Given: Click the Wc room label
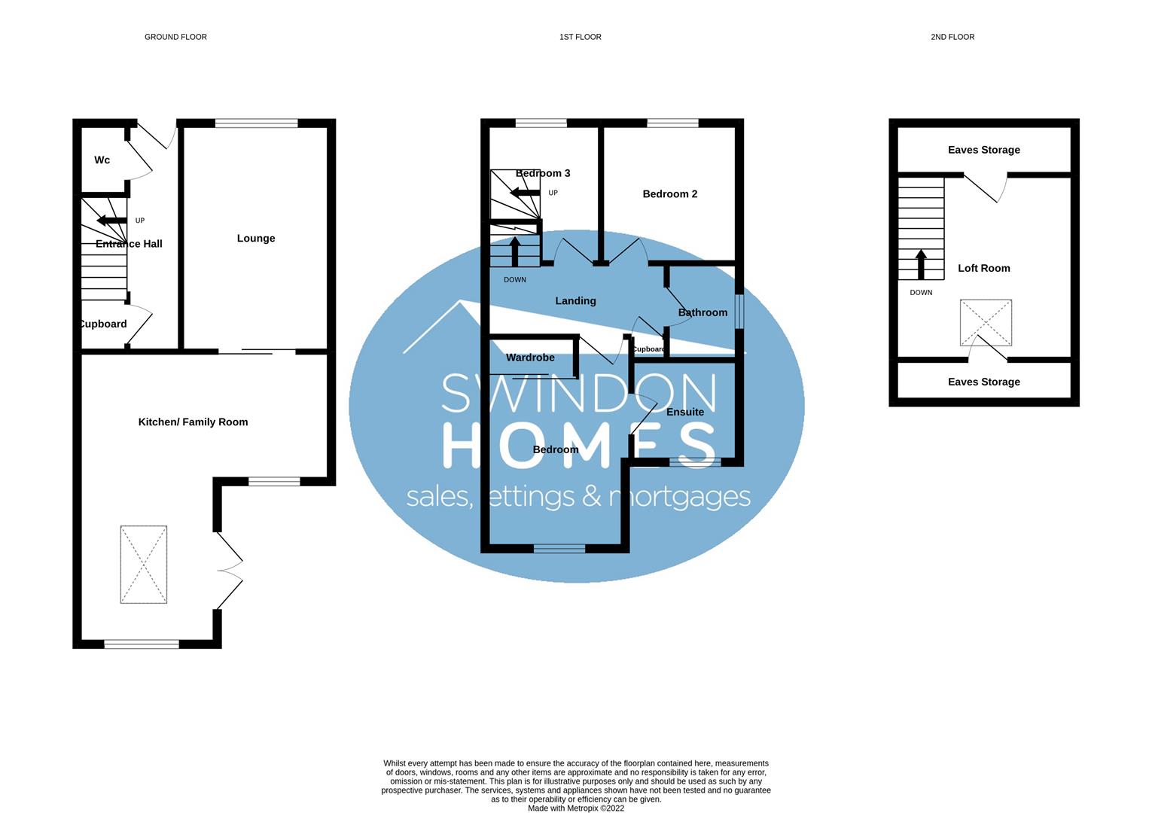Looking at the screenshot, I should [102, 160].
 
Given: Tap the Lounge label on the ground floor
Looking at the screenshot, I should [256, 239].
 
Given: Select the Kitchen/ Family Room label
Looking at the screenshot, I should [193, 422].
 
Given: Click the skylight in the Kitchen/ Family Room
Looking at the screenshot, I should [143, 565].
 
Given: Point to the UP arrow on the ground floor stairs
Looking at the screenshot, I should [111, 221].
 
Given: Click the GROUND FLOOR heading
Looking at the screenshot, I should [175, 37].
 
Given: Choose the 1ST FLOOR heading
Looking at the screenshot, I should [580, 37].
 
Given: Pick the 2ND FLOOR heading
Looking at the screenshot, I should [952, 37].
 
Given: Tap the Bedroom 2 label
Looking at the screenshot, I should [669, 194].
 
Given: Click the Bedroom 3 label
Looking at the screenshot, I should [543, 173].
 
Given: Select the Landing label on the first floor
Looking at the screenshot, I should [575, 301].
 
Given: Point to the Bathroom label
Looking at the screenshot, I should [702, 312].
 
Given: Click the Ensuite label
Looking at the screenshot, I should [685, 412].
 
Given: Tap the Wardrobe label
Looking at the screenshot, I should [530, 358].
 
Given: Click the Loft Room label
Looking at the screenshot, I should [983, 268].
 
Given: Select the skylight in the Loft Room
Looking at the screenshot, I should [986, 323].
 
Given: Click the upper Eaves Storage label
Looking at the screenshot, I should [983, 150].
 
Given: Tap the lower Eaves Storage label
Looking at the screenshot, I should [983, 382].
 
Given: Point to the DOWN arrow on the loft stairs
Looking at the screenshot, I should [921, 264].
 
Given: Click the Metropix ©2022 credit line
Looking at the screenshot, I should [576, 808].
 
